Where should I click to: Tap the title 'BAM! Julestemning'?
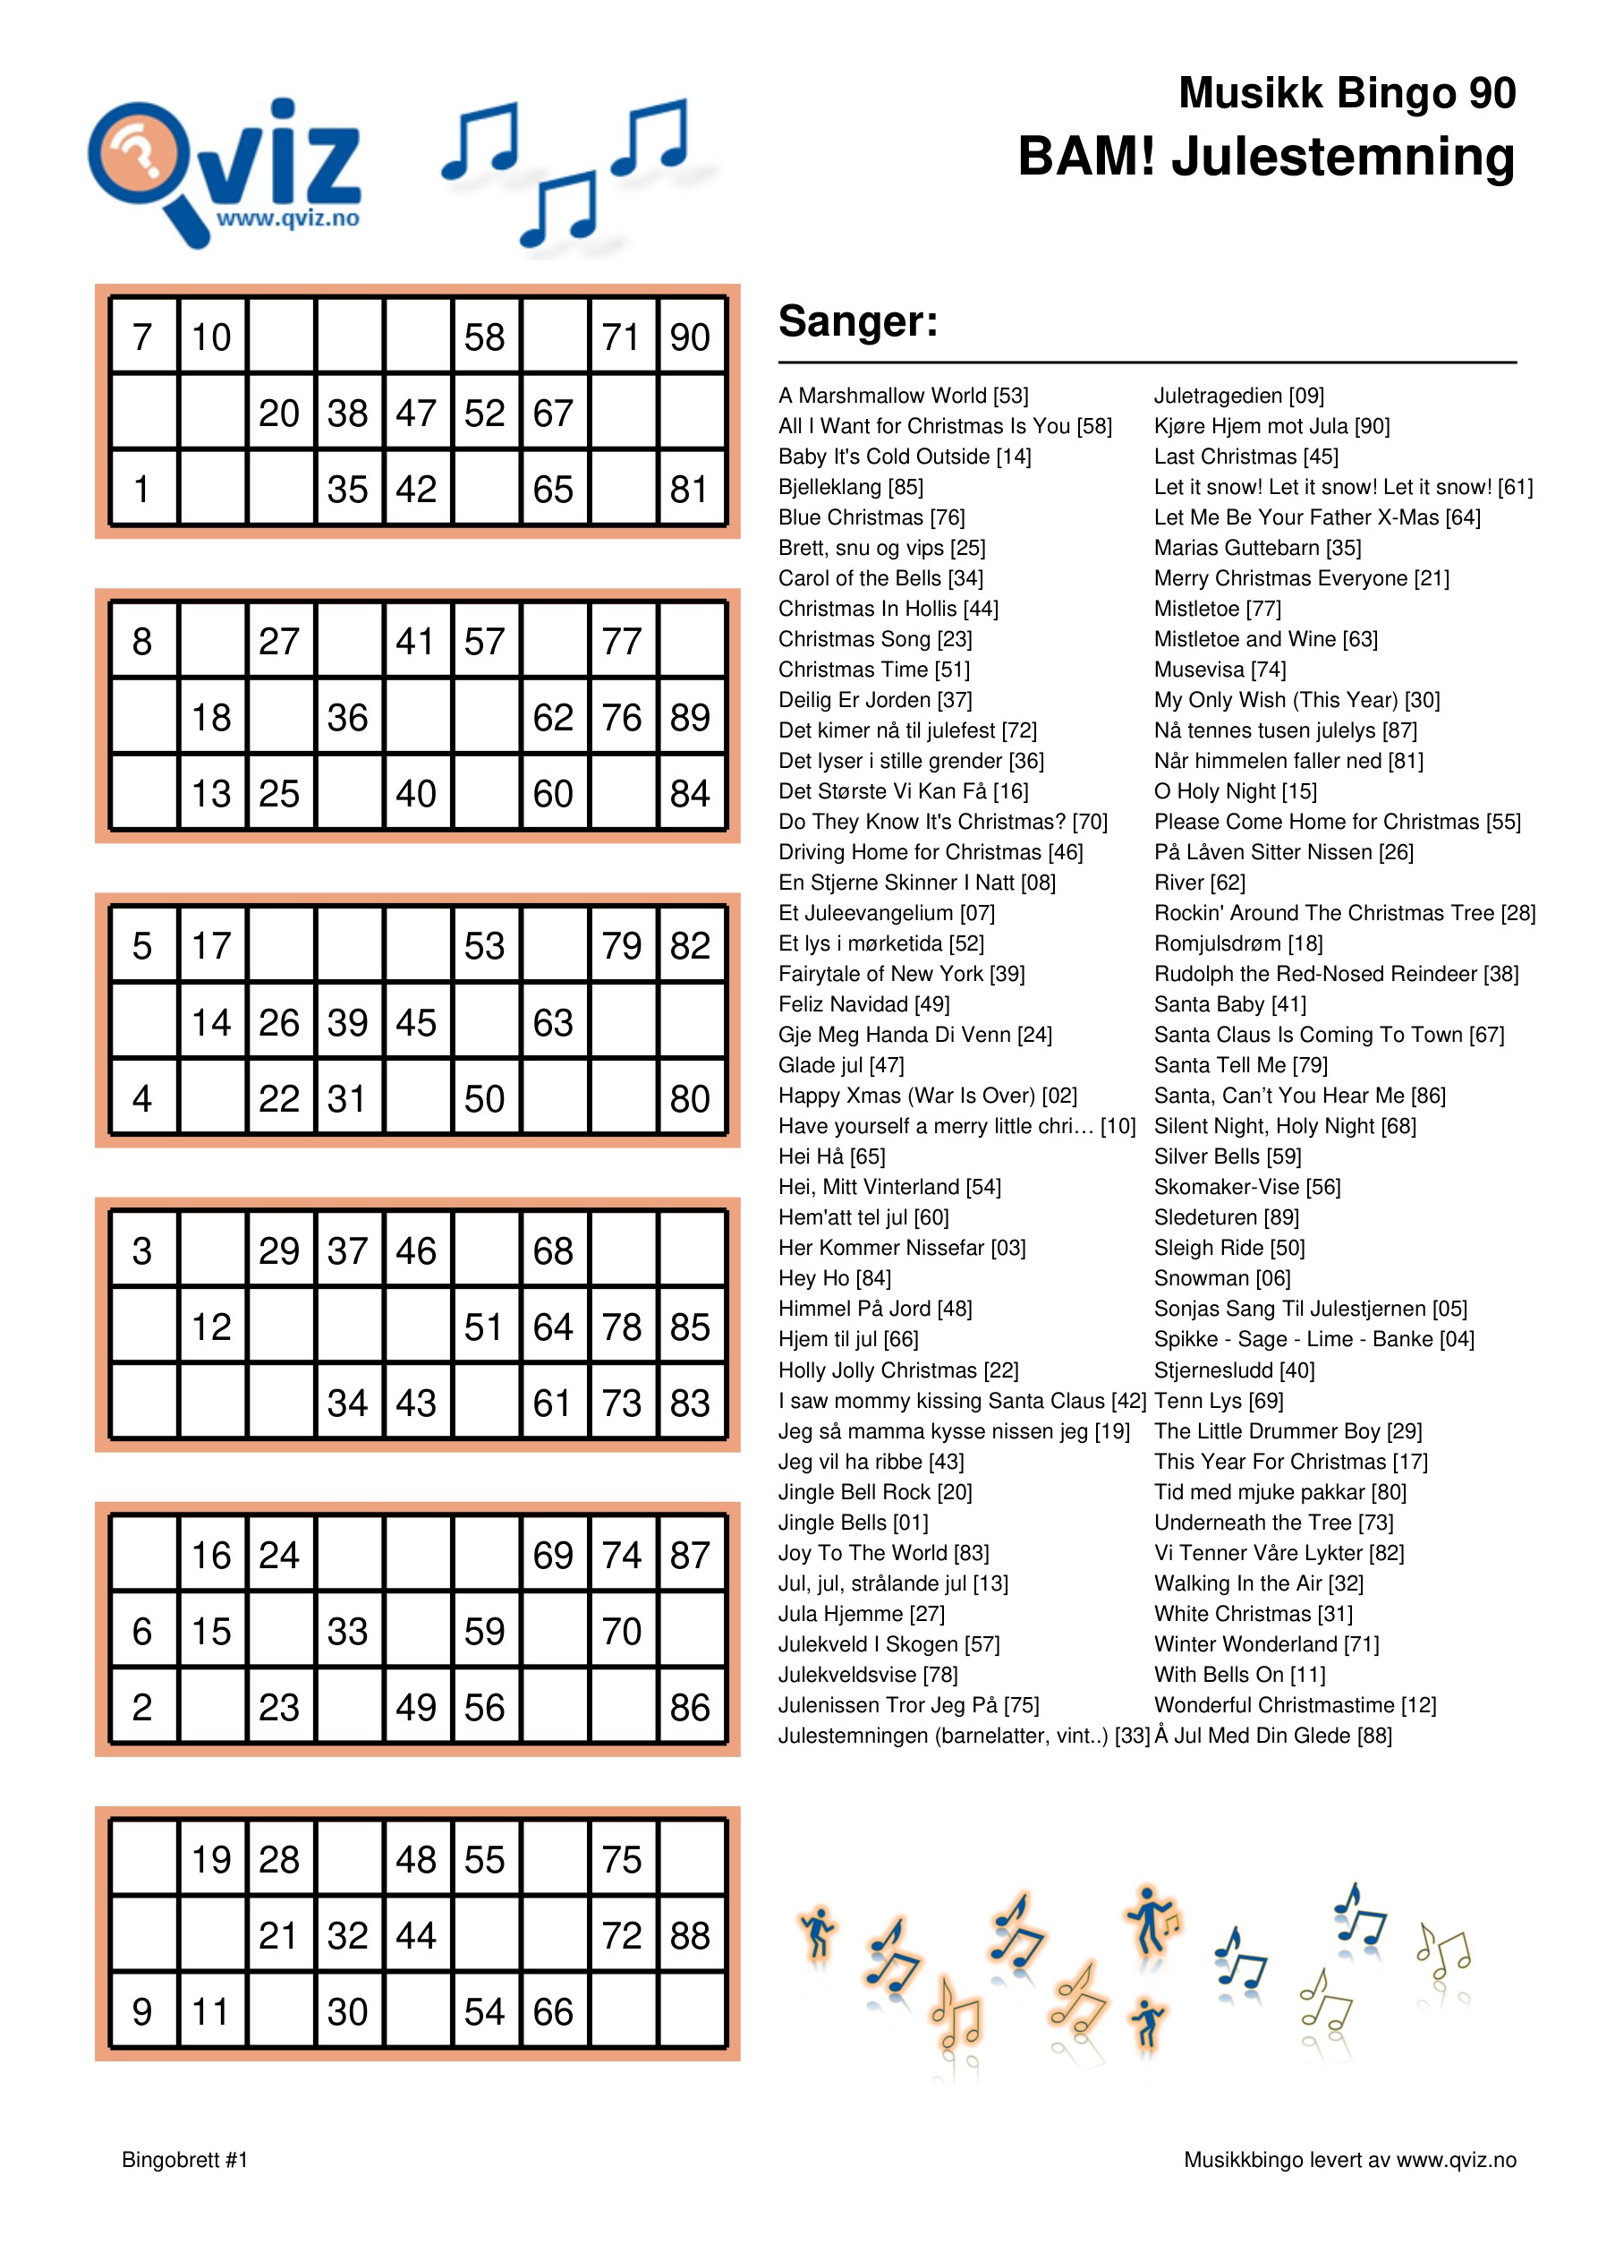pyautogui.click(x=1265, y=157)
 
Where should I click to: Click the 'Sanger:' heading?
pyautogui.click(x=857, y=321)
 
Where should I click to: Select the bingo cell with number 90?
pyautogui.click(x=690, y=337)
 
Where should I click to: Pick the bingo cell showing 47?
pyautogui.click(x=416, y=413)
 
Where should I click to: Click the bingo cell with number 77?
pyautogui.click(x=621, y=641)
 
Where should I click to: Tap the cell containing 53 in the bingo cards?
pyautogui.click(x=484, y=945)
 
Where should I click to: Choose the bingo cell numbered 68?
pyautogui.click(x=553, y=1250)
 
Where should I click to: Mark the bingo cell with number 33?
pyautogui.click(x=347, y=1631)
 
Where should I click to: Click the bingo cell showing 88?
pyautogui.click(x=690, y=1935)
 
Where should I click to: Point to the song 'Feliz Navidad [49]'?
pyautogui.click(x=863, y=1003)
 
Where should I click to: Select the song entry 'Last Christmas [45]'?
pyautogui.click(x=1245, y=456)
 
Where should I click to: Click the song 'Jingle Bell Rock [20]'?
pyautogui.click(x=874, y=1491)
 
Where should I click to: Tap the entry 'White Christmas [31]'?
pyautogui.click(x=1253, y=1613)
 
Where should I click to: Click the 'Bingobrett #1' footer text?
pyautogui.click(x=184, y=2160)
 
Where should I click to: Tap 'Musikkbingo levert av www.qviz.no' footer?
pyautogui.click(x=1349, y=2160)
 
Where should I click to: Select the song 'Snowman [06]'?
pyautogui.click(x=1222, y=1277)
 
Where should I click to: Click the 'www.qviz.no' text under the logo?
pyautogui.click(x=287, y=218)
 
